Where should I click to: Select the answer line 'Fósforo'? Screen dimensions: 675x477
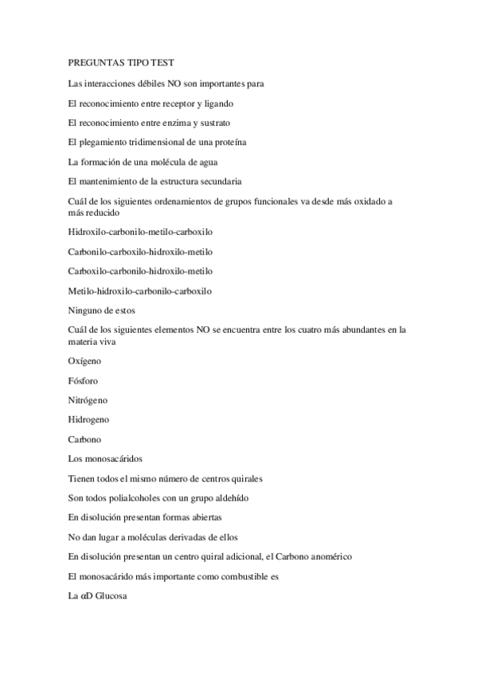[x=84, y=380]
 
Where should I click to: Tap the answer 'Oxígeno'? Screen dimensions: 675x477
[x=85, y=361]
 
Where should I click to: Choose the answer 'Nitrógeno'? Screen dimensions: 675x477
[x=88, y=400]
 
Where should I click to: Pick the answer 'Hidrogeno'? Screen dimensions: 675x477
[x=89, y=419]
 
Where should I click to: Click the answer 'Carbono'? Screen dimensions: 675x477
[x=85, y=439]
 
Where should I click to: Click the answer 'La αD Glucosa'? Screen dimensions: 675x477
[x=98, y=595]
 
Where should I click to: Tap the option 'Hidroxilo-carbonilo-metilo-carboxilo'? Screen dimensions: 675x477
[x=141, y=232]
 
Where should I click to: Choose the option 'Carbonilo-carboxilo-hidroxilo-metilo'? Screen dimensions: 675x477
[x=141, y=252]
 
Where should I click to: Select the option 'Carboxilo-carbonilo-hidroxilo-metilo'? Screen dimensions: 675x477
[x=141, y=271]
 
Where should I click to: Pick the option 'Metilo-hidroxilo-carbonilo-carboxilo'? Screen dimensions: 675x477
[x=141, y=291]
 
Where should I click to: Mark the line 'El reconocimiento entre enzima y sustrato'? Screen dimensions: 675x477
[x=150, y=123]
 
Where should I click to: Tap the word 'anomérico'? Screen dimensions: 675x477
[x=324, y=556]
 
